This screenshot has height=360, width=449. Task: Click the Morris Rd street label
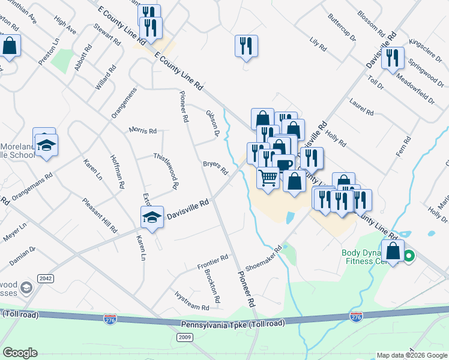[x=143, y=131]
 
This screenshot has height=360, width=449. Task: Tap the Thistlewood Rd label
[x=166, y=171]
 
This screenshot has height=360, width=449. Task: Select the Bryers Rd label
[x=215, y=167]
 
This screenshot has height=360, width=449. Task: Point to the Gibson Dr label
[x=212, y=122]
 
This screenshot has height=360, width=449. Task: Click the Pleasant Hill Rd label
[x=100, y=215]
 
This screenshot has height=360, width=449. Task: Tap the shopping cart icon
[x=268, y=176]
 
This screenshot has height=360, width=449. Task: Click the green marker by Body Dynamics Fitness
[x=409, y=257]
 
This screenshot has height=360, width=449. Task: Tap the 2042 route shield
[x=45, y=278]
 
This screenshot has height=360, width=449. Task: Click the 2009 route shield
[x=184, y=337]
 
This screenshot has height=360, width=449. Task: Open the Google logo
[x=20, y=353]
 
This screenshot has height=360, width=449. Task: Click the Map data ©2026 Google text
[x=412, y=355]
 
